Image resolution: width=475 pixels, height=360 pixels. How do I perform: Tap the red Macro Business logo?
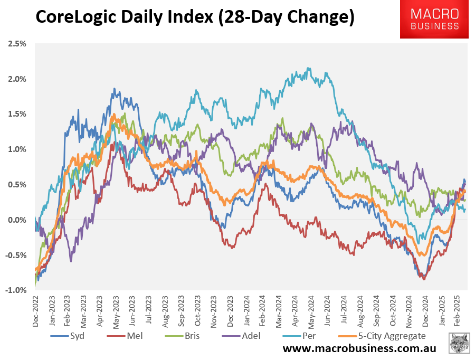click(x=434, y=20)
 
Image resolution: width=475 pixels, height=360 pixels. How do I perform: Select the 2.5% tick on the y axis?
click(x=17, y=44)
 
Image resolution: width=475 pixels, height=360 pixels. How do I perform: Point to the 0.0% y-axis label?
click(x=17, y=220)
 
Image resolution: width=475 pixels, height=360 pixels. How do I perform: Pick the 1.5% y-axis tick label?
click(x=17, y=114)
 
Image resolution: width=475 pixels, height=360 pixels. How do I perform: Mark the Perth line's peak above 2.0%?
click(x=309, y=68)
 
